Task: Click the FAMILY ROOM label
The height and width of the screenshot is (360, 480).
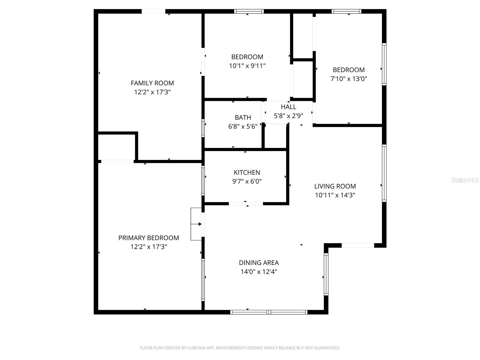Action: coord(152,83)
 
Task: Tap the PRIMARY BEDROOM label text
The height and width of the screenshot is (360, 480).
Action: coord(148,238)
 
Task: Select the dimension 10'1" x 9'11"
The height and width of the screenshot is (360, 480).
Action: coord(247,66)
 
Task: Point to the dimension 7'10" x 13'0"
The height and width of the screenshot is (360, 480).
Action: coord(349,79)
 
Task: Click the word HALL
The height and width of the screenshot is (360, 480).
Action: coord(288,107)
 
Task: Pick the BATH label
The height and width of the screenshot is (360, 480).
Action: coord(243,118)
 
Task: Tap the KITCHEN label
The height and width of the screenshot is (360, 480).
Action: coord(247,172)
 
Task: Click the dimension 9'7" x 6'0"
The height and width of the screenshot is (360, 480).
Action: coord(247,181)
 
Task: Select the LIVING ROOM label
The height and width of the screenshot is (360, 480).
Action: coord(335,186)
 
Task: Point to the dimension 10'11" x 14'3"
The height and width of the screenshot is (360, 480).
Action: coord(335,195)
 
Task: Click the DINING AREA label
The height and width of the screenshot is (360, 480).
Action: coord(259,263)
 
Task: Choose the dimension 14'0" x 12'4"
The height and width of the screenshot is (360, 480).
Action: coord(259,272)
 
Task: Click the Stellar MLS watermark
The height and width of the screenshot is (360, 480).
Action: coord(465,180)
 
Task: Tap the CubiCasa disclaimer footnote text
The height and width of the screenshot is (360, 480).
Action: coord(240,348)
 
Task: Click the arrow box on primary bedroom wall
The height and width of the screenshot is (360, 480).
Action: coord(196,224)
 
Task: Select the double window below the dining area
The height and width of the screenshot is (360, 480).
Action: coord(269,312)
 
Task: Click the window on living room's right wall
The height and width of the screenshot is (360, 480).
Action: coord(384,173)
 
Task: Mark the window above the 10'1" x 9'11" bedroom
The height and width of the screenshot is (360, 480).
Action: coord(249,11)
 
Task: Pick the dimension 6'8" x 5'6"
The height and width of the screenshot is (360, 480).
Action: coord(243,127)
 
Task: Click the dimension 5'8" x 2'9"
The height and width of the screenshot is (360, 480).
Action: coord(288,116)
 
